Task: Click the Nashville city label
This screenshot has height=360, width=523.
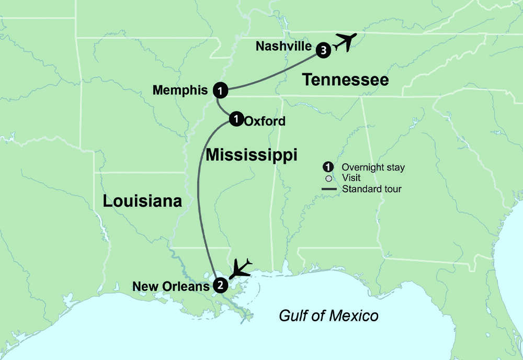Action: click(283, 47)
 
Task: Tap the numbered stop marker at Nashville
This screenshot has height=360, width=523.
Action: click(324, 50)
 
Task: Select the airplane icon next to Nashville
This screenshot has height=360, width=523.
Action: click(345, 42)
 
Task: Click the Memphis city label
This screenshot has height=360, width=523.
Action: click(180, 91)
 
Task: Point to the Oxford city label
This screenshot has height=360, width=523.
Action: click(265, 121)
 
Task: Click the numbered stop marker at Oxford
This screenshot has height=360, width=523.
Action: click(236, 119)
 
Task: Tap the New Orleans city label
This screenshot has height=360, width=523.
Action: click(171, 286)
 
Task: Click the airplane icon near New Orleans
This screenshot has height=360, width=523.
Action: click(241, 268)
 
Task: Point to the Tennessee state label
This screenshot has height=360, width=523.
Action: click(346, 80)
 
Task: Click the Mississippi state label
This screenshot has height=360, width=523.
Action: click(251, 154)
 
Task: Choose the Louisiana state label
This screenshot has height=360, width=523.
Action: click(142, 201)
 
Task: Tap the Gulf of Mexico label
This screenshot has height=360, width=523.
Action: click(328, 316)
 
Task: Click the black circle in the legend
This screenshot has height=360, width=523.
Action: click(328, 167)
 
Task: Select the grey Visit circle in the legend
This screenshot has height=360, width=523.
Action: click(328, 178)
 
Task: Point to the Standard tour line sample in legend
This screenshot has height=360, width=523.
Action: click(328, 188)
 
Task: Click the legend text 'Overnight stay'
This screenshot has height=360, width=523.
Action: click(373, 167)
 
